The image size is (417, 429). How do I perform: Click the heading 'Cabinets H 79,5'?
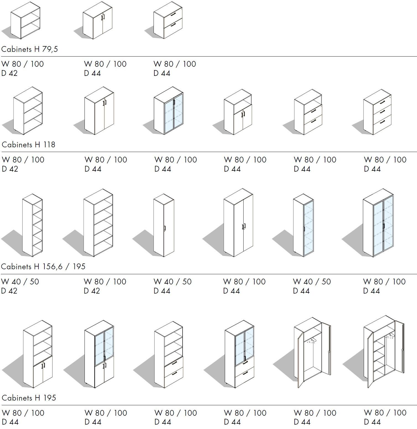pyautogui.click(x=30, y=49)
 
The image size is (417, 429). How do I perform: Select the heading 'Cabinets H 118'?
pyautogui.click(x=28, y=145)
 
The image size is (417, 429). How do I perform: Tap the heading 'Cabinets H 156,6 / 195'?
pyautogui.click(x=43, y=267)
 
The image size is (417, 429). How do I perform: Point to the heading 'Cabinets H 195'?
pyautogui.click(x=29, y=398)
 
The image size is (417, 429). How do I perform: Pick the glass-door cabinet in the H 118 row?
pyautogui.click(x=168, y=111)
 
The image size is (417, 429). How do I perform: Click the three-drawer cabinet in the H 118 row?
pyautogui.click(x=378, y=112)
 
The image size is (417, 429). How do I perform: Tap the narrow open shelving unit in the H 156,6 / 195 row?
pyautogui.click(x=32, y=225)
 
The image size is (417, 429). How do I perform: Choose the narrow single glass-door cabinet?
pyautogui.click(x=303, y=225)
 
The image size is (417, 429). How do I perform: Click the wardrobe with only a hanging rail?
pyautogui.click(x=313, y=353)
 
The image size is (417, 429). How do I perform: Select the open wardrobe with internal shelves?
pyautogui.click(x=384, y=352)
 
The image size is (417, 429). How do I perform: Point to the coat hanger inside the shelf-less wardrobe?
pyautogui.click(x=312, y=341)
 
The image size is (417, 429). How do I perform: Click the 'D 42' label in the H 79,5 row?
pyautogui.click(x=9, y=73)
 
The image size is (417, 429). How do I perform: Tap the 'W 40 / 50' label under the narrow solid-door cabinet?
pyautogui.click(x=173, y=282)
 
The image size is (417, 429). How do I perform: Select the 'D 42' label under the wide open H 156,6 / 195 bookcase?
pyautogui.click(x=92, y=291)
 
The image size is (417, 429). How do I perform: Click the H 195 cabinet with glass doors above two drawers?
pyautogui.click(x=239, y=354)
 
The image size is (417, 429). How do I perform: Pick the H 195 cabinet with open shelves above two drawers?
pyautogui.click(x=169, y=354)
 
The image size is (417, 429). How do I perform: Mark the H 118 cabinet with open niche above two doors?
pyautogui.click(x=238, y=112)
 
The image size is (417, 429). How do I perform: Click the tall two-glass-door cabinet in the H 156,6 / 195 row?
pyautogui.click(x=378, y=223)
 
